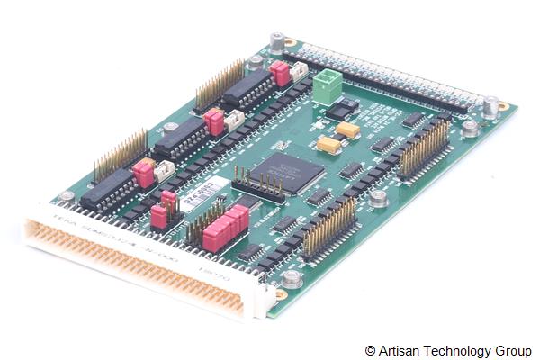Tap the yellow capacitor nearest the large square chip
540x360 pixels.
point(327,144)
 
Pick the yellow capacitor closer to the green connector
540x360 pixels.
point(348,130)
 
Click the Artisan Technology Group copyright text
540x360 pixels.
point(447,349)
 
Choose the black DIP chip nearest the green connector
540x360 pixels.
point(246,89)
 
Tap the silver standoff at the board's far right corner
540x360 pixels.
point(490,107)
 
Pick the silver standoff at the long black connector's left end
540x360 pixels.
point(277,41)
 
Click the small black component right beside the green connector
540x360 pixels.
point(342,108)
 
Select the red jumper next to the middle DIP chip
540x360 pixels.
point(214,121)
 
